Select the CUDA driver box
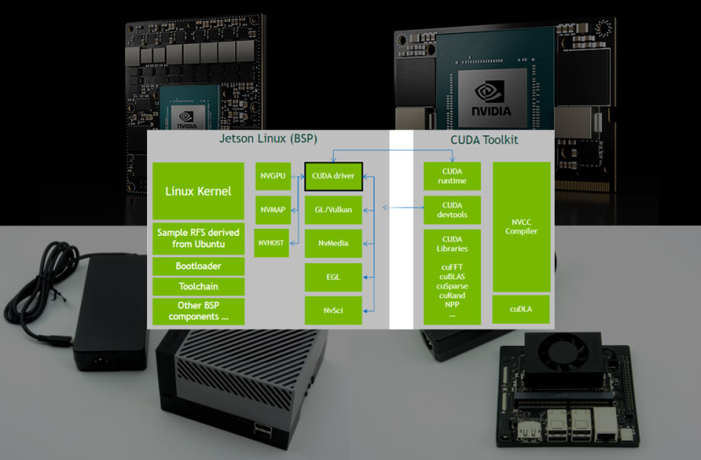333,176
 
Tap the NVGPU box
272,176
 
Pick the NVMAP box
272,209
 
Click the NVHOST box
272,242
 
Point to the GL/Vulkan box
333,209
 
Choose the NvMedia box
333,242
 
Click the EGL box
333,276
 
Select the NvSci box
333,309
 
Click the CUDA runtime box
452,176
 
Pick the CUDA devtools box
452,211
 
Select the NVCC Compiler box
521,227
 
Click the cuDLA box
521,309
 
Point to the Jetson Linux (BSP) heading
267,139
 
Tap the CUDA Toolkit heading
485,140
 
